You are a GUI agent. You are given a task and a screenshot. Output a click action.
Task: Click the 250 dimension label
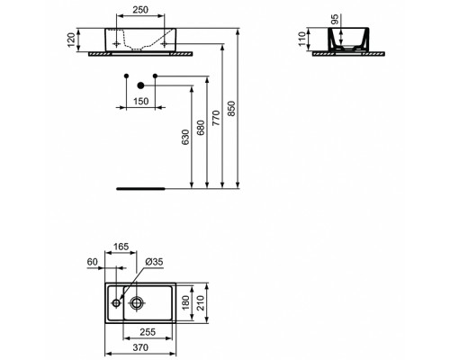[x=140, y=10]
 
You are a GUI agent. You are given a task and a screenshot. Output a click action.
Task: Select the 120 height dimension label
[x=71, y=40]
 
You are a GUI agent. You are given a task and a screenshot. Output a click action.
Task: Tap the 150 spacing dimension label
[x=140, y=102]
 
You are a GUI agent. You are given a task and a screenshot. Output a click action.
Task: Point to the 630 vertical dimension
[x=185, y=137]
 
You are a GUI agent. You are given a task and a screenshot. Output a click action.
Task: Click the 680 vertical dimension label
[x=201, y=128]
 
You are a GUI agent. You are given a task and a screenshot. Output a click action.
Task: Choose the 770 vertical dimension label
[x=216, y=118]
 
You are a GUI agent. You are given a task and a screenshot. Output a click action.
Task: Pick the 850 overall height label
[x=232, y=108]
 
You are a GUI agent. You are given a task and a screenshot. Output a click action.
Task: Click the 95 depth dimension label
[x=335, y=19]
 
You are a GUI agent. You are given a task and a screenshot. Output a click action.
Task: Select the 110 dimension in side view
[x=302, y=39]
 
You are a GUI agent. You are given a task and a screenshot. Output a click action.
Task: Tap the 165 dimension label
[x=121, y=247]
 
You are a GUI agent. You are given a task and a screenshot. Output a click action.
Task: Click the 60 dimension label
[x=93, y=262]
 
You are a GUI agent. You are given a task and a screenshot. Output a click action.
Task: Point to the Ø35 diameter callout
[x=154, y=262]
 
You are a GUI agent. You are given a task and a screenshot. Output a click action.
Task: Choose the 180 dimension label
[x=185, y=302]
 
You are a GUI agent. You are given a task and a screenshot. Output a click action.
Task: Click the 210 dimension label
[x=201, y=302]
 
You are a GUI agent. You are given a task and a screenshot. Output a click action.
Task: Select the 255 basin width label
[x=148, y=332]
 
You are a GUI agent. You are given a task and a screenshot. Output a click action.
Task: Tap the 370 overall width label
[x=140, y=347]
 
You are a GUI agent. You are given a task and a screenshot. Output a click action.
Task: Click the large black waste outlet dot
[x=140, y=85]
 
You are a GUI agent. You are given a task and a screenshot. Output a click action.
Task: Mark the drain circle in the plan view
[x=137, y=303]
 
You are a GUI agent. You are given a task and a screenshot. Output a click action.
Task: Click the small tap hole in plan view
[x=116, y=303]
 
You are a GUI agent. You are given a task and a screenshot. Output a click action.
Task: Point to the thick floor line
[x=140, y=189]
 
